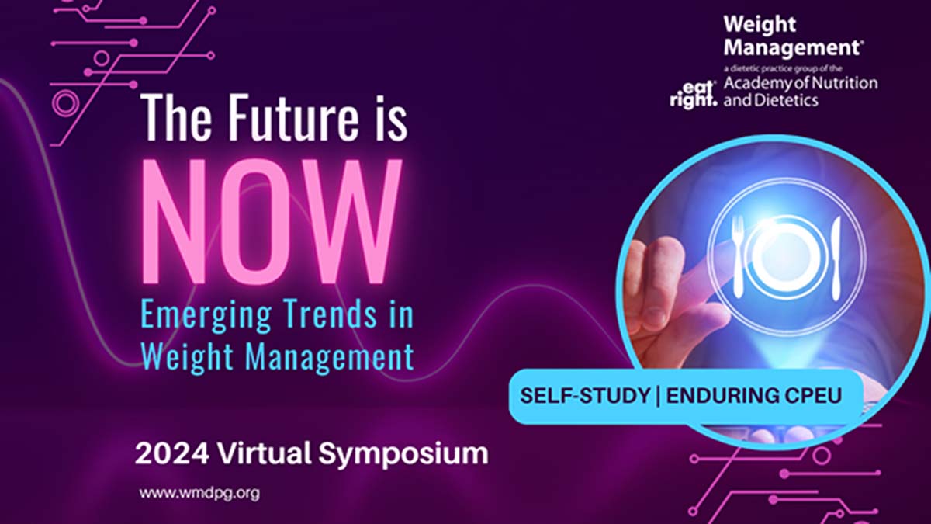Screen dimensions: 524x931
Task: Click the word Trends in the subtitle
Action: click(324, 318)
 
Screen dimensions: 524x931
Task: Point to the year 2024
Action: click(162, 453)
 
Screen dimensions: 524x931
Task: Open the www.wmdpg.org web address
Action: click(199, 493)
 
